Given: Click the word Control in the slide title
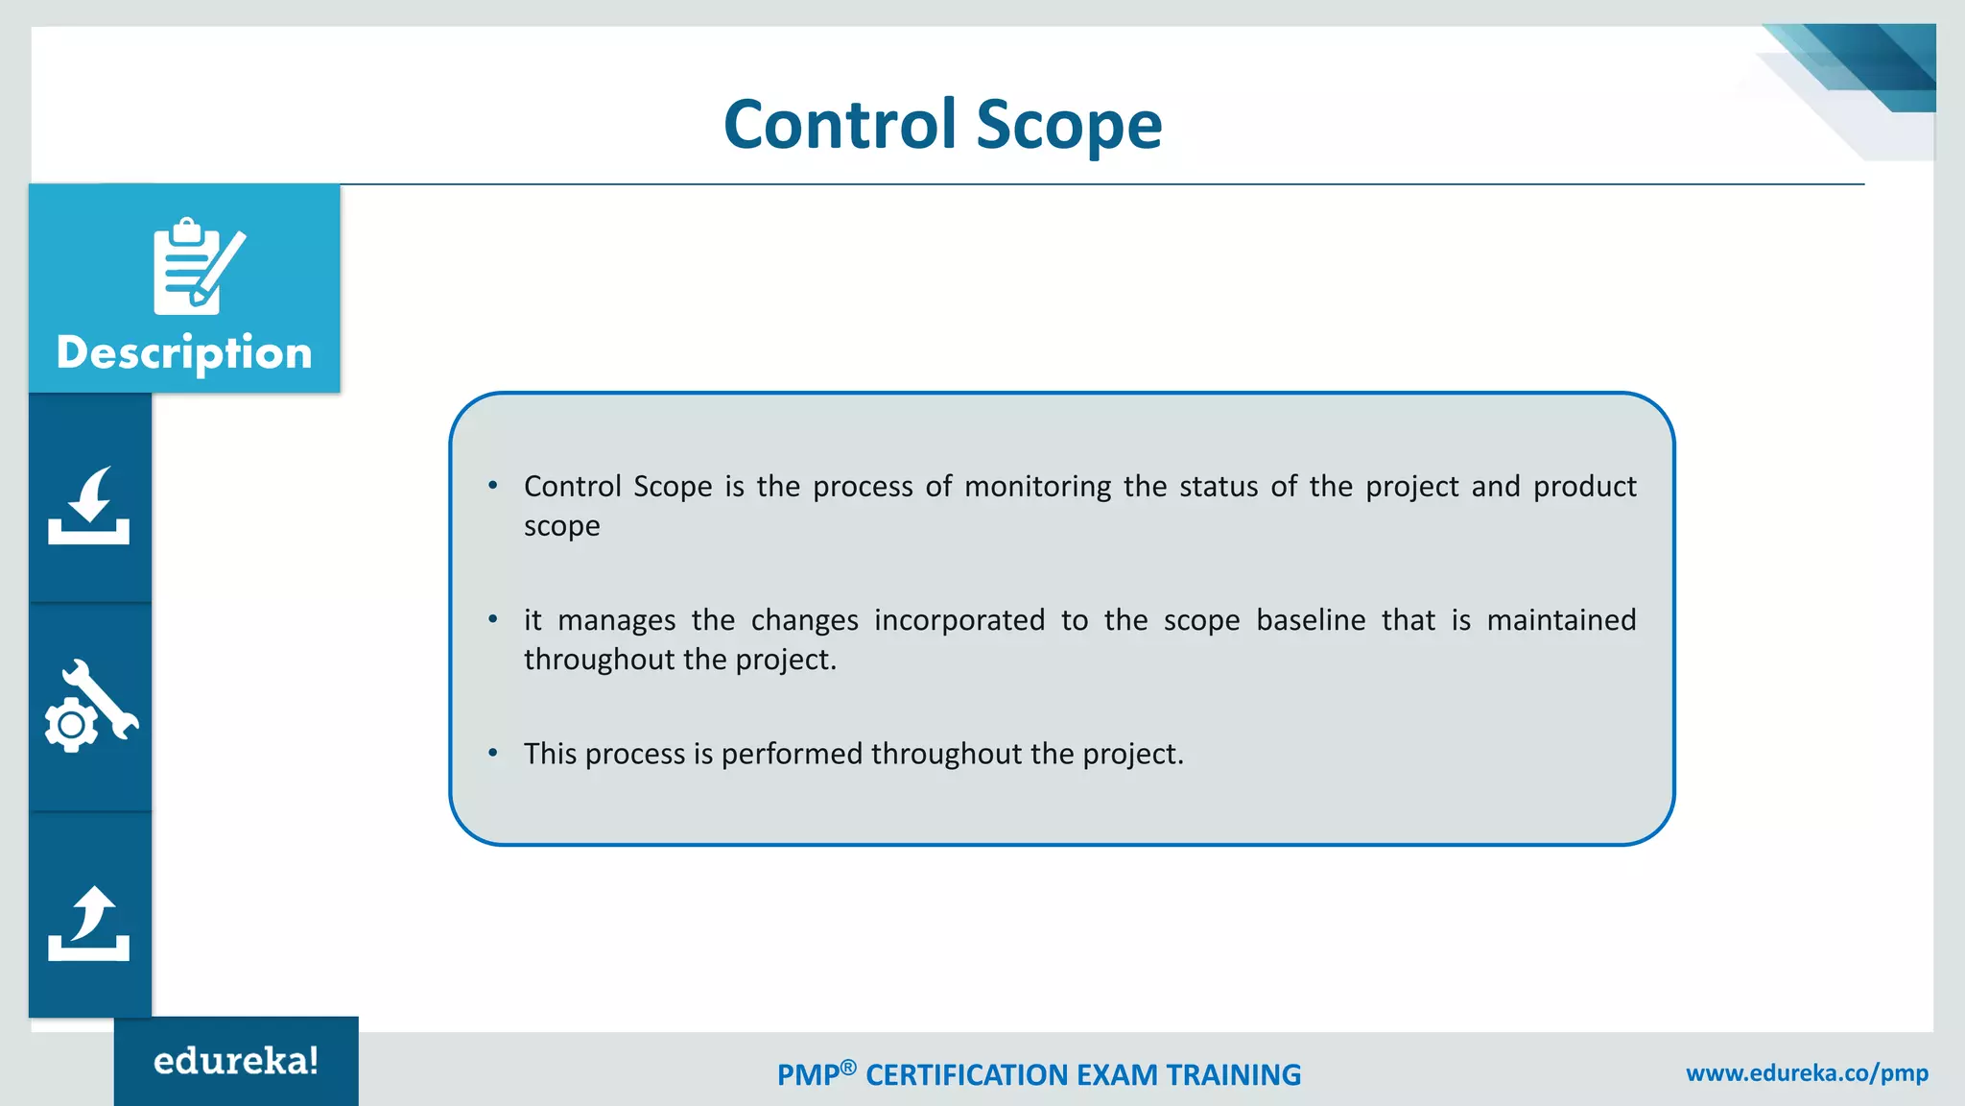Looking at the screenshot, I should (840, 125).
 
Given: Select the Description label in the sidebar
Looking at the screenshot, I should (184, 352).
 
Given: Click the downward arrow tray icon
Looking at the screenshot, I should (89, 506).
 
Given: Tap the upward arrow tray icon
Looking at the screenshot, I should (89, 923).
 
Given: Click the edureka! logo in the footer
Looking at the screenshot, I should (236, 1061).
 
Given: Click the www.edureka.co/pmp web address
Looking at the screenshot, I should (1807, 1073).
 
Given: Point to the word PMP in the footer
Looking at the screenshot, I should (808, 1075).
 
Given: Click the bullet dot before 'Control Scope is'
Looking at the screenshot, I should (493, 486).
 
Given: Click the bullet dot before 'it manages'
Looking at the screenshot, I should (493, 619).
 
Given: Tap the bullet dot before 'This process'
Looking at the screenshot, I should (493, 753).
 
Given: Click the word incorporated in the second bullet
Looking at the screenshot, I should (959, 620).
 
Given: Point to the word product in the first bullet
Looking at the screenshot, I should (1584, 487).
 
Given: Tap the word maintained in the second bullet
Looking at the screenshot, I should (1561, 620).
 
